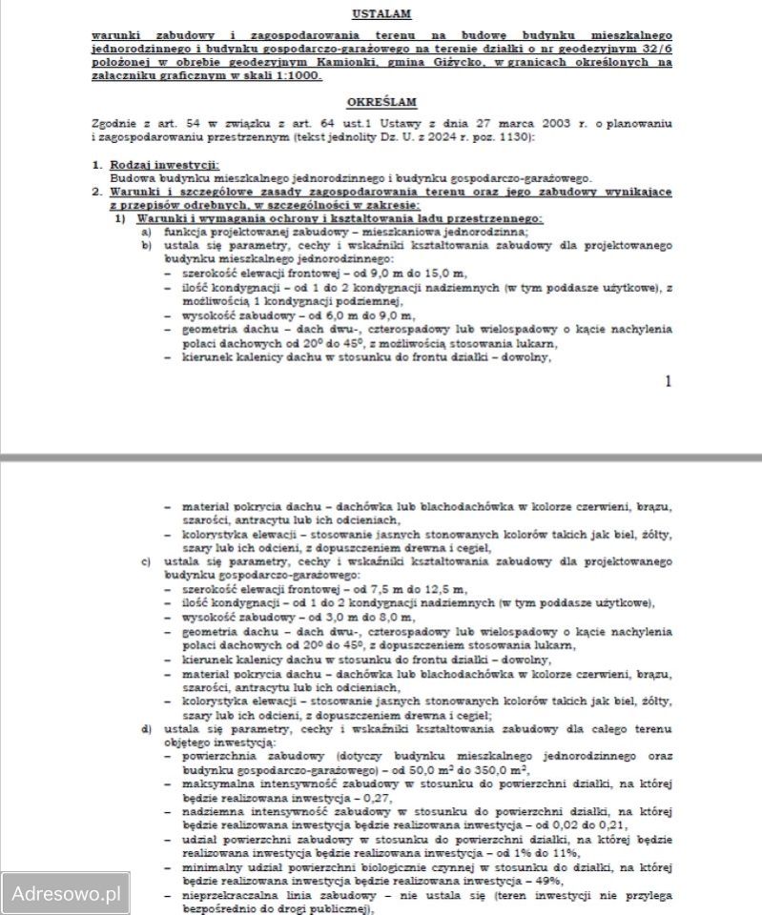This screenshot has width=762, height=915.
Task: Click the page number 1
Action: (x=668, y=381)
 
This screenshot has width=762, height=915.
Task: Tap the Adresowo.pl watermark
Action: (x=65, y=894)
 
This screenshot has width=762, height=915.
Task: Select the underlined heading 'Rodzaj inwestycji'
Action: (x=152, y=165)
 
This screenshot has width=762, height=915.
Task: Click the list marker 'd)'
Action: (x=146, y=731)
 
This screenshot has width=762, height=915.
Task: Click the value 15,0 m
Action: (x=389, y=273)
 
